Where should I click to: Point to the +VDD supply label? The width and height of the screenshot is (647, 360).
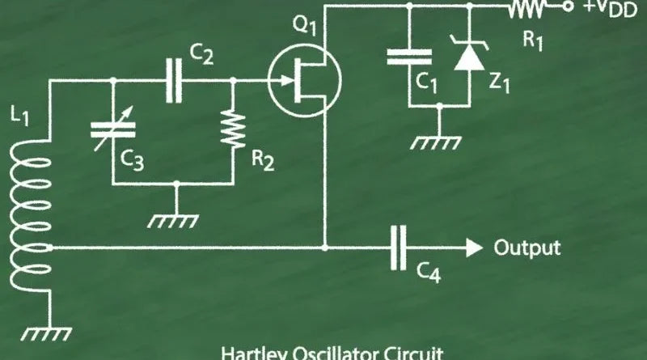[608, 10]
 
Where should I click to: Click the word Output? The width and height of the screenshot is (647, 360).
[526, 247]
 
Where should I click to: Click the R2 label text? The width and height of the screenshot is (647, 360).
[262, 160]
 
